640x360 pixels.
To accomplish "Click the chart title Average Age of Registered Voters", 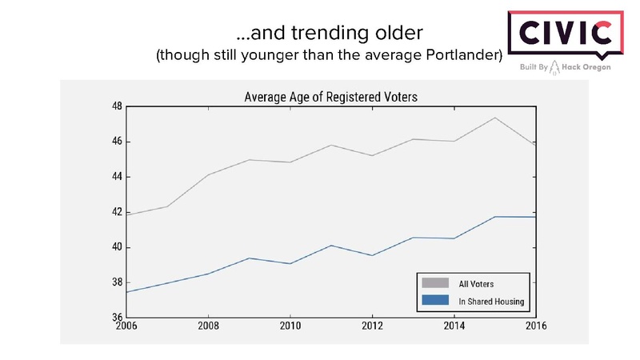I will [330, 97].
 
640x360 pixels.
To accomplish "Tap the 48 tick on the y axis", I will [116, 106].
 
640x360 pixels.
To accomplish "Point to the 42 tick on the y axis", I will [116, 212].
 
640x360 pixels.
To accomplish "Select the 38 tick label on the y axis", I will [116, 282].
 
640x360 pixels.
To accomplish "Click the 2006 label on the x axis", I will [125, 326].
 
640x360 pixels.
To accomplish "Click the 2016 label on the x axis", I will [534, 326].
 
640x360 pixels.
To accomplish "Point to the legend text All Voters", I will [475, 282].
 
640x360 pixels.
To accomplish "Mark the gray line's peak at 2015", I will [494, 118].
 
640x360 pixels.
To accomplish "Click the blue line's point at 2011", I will [330, 246].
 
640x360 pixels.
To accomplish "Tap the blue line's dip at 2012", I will [371, 255].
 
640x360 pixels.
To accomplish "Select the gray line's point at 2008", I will [207, 174].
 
